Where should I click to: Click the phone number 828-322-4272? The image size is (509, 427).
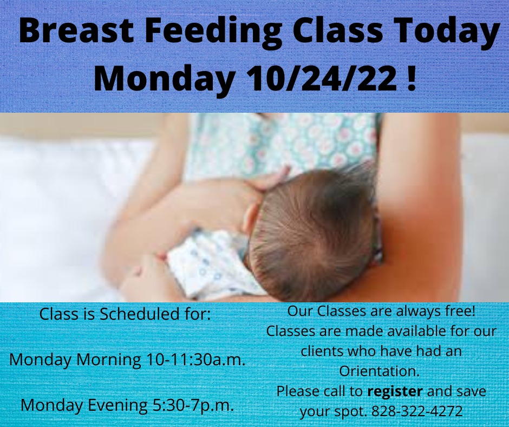tap(417, 411)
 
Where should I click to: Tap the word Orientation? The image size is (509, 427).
tap(380, 371)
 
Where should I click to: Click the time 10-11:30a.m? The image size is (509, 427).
tap(195, 359)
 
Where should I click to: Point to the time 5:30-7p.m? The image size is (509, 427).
tap(193, 405)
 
